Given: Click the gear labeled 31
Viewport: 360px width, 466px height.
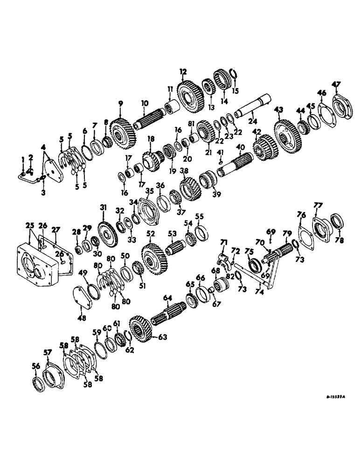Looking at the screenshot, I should click(108, 233).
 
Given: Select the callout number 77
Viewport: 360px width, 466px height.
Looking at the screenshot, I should click(318, 205).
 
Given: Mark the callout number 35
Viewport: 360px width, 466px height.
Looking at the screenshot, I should click(149, 191).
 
